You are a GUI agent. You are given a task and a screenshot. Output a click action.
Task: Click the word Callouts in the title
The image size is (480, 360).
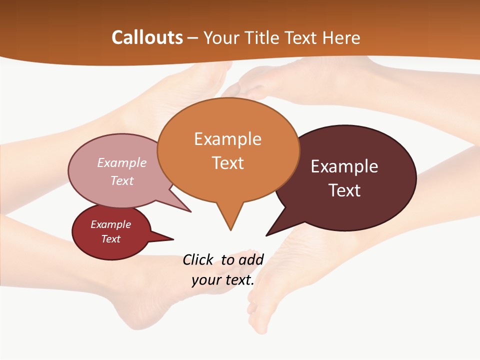(147, 37)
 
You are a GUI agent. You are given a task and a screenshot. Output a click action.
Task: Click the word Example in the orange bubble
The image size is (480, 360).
(227, 139)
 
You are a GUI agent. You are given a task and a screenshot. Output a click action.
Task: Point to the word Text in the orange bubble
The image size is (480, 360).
(228, 163)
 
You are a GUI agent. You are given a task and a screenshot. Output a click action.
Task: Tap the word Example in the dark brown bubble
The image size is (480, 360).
(344, 166)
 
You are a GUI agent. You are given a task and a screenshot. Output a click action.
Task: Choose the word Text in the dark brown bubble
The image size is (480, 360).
(344, 190)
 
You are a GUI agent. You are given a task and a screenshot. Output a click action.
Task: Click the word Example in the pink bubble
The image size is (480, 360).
(122, 162)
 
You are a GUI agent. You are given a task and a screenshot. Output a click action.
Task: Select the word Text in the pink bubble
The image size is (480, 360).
(122, 180)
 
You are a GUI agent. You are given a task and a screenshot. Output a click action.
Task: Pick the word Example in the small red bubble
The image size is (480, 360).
(110, 224)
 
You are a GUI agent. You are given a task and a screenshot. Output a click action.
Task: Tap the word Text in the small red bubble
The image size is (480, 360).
(110, 239)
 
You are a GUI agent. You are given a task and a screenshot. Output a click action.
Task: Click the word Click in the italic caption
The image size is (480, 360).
(198, 259)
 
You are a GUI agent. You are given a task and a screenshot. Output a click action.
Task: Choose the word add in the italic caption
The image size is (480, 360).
(251, 259)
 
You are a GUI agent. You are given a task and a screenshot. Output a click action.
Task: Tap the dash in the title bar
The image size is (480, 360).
(193, 37)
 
